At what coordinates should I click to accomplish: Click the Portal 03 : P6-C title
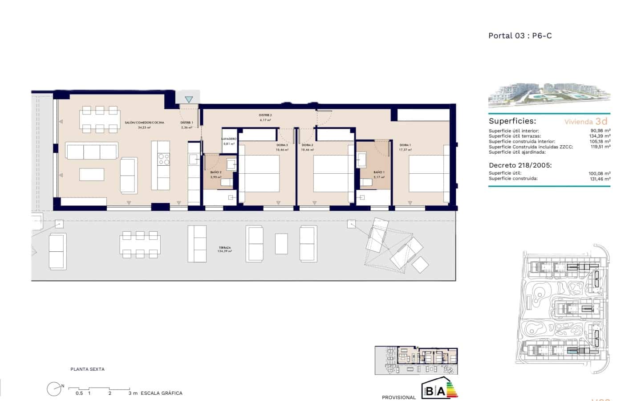[520, 36]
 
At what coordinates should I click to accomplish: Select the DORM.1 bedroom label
[405, 145]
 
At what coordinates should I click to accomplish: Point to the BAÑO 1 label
[379, 172]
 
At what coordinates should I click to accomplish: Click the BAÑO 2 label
[215, 172]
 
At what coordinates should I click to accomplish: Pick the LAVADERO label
[229, 139]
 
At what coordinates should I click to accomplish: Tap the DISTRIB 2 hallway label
[265, 115]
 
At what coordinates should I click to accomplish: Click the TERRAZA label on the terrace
[225, 248]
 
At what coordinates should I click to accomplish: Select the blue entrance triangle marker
[189, 99]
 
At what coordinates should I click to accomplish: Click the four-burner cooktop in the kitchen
[164, 159]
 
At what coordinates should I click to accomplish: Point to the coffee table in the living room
[92, 174]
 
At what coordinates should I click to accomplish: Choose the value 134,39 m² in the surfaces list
[600, 136]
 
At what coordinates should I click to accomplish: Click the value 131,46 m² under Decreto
[600, 179]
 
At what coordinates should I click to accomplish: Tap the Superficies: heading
[512, 121]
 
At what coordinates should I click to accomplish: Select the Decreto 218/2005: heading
[520, 165]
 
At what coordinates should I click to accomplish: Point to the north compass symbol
[54, 389]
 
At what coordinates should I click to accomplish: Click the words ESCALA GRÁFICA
[162, 393]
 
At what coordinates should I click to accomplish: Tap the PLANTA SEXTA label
[88, 369]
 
